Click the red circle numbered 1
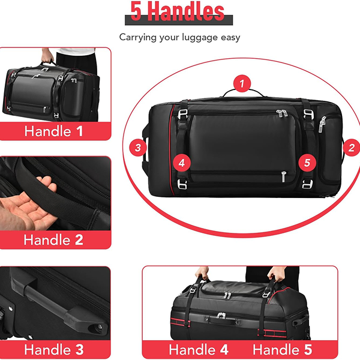pyautogui.click(x=242, y=83)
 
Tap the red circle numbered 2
pyautogui.click(x=352, y=148)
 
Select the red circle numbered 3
pyautogui.click(x=138, y=148)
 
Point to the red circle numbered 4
pyautogui.click(x=182, y=163)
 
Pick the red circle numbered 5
pyautogui.click(x=307, y=163)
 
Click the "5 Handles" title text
pyautogui.click(x=178, y=11)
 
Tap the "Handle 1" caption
pyautogui.click(x=53, y=131)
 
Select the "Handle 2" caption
pyautogui.click(x=53, y=240)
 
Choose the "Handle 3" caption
pyautogui.click(x=54, y=350)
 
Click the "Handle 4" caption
pyautogui.click(x=199, y=349)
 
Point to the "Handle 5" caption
pyautogui.click(x=283, y=349)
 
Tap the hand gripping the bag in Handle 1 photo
pyautogui.click(x=47, y=56)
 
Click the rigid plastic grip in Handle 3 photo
pyautogui.click(x=62, y=303)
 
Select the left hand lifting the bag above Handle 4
pyautogui.click(x=202, y=273)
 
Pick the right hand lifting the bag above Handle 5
pyautogui.click(x=277, y=273)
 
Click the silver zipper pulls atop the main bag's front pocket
pyautogui.click(x=282, y=113)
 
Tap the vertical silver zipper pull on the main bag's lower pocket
pyautogui.click(x=284, y=177)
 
